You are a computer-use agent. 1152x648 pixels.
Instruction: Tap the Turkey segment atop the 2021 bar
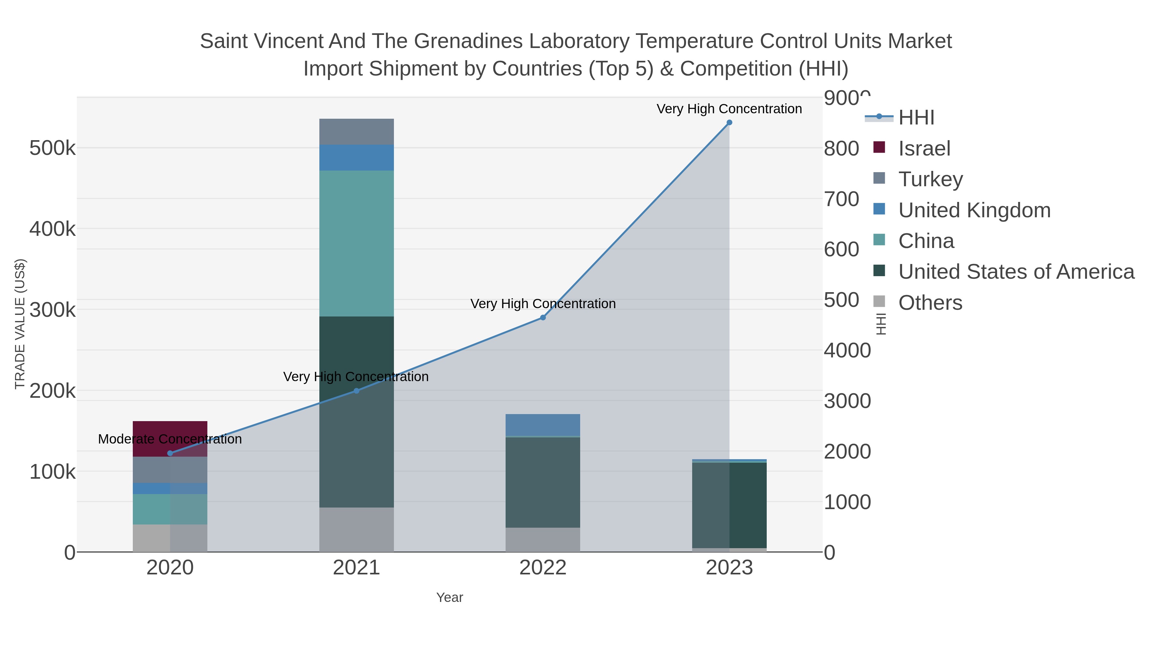356,132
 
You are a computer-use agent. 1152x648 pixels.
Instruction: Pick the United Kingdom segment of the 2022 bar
542,424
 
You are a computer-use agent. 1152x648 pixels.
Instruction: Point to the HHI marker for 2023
729,123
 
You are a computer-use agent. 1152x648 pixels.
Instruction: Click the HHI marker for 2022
542,317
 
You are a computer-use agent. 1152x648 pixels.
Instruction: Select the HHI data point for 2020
170,453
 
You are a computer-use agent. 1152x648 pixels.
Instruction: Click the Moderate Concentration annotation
170,439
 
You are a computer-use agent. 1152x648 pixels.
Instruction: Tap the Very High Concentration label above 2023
729,109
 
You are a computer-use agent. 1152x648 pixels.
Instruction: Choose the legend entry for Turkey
930,179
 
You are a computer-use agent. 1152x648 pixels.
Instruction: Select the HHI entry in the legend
916,118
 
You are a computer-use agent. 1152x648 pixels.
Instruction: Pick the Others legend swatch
879,302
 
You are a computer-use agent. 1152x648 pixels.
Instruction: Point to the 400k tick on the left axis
52,229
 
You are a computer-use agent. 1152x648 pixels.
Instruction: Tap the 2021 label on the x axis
356,567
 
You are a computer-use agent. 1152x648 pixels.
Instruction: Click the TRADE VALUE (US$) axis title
20,324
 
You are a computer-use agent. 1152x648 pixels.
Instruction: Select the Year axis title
450,597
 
